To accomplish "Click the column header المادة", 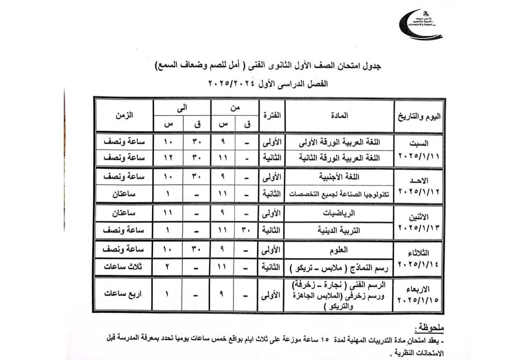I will coord(339,116).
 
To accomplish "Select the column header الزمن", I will coord(124,116).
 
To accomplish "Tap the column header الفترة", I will coord(271,116).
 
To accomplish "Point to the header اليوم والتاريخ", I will coord(419,116).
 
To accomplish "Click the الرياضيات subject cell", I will coord(339,213).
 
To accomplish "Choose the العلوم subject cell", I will coord(339,249).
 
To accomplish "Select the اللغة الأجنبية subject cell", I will coord(339,177).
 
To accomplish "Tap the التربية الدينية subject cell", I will coord(339,231).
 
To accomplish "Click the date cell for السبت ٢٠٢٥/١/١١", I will coord(419,150).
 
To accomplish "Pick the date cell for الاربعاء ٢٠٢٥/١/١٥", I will coord(419,294).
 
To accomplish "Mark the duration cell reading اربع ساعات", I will coord(124,295).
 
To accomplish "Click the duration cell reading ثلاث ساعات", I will coord(124,267).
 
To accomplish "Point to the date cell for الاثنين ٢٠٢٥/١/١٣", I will coord(419,222).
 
